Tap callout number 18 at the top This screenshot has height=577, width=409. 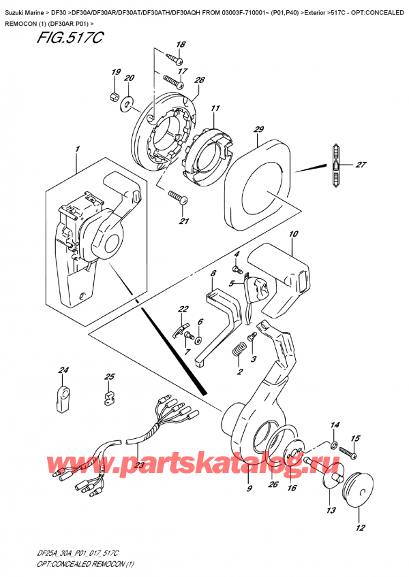(181, 45)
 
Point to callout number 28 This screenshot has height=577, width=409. (199, 81)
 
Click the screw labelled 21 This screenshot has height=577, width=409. (179, 199)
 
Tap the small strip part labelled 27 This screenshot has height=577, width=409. (335, 166)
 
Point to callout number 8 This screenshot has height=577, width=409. (213, 274)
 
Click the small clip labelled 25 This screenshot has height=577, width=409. (108, 397)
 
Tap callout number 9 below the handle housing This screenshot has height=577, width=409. (249, 488)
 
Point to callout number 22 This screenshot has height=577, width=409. (182, 310)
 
